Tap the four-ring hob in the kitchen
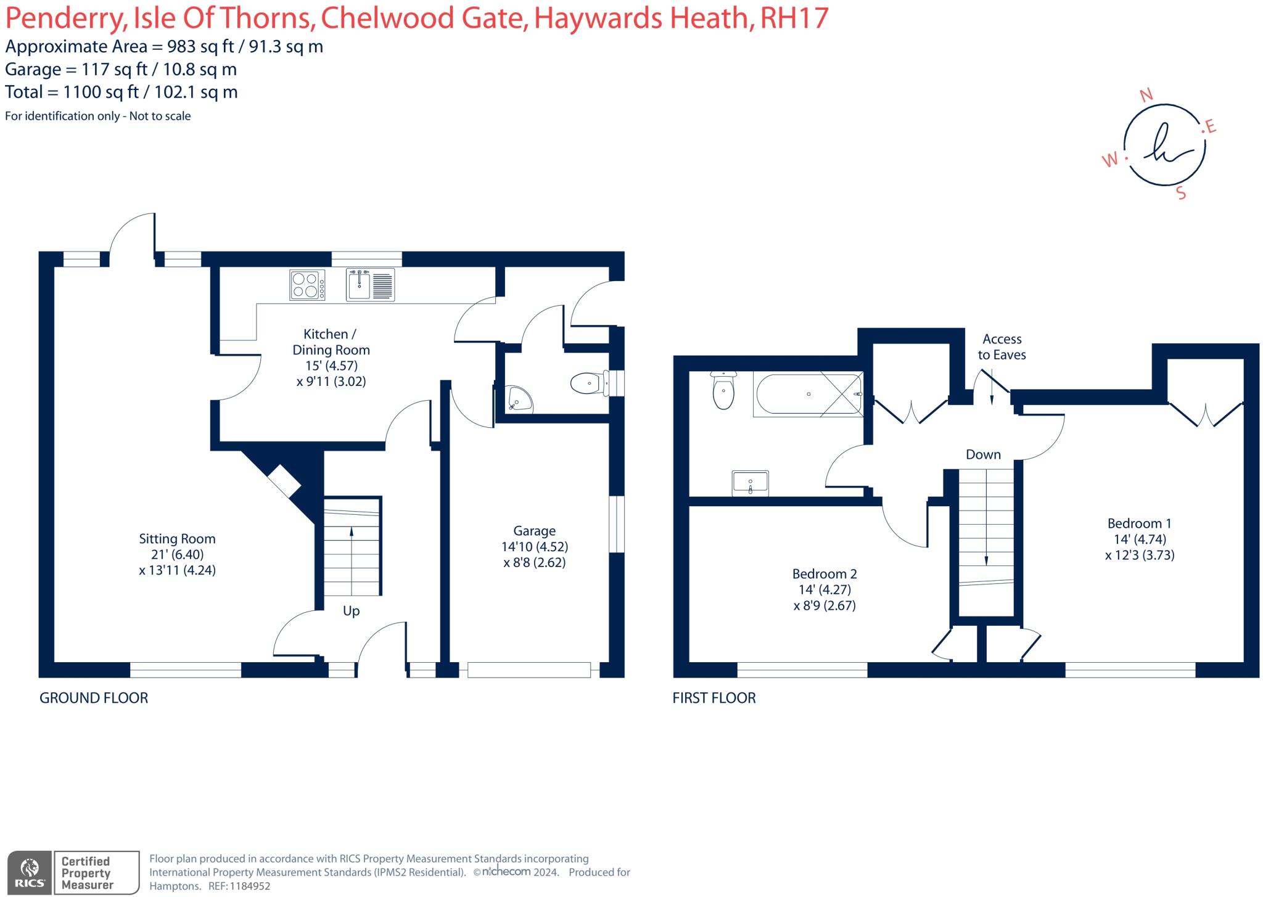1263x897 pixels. coord(306,285)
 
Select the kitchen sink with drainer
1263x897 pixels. coord(370,285)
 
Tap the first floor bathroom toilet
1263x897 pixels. coord(723,390)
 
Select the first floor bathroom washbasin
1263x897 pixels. coord(750,483)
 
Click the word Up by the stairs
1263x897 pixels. coord(351,611)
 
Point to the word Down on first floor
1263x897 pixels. coord(983,455)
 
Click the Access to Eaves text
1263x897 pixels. coord(1002,347)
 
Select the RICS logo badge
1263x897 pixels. coord(28,873)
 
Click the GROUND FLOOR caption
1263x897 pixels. coord(94,698)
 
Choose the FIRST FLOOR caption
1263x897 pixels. coord(714,698)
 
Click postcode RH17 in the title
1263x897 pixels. coord(794,18)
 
